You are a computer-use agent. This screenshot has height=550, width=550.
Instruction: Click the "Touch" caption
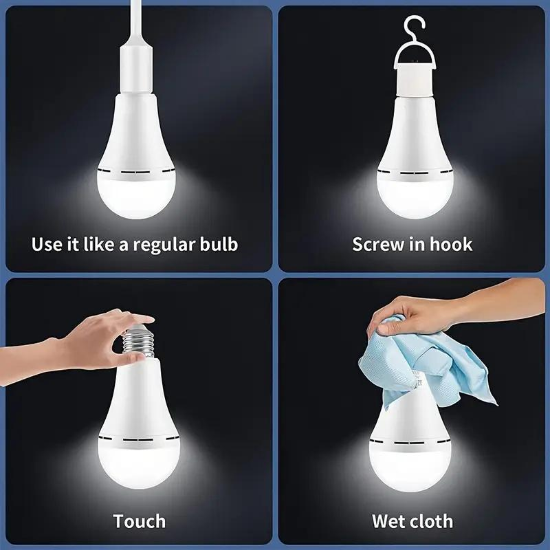tap(140, 521)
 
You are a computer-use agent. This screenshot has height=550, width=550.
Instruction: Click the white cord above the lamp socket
tap(137, 22)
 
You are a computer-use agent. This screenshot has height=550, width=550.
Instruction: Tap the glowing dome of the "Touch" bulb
tap(140, 463)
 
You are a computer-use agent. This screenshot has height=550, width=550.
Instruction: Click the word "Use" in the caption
tap(45, 244)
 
